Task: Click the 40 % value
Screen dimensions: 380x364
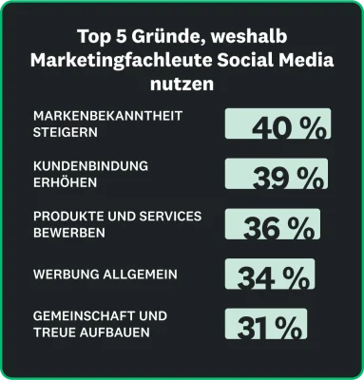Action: pos(278,127)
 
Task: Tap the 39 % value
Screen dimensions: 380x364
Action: pos(278,177)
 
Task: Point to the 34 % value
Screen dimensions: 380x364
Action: pos(274,277)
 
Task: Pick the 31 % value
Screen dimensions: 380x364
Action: pos(269,327)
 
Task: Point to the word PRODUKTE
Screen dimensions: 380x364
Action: pos(64,217)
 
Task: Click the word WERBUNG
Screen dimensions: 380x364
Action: pos(61,275)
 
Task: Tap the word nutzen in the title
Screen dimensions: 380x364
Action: pos(181,84)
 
